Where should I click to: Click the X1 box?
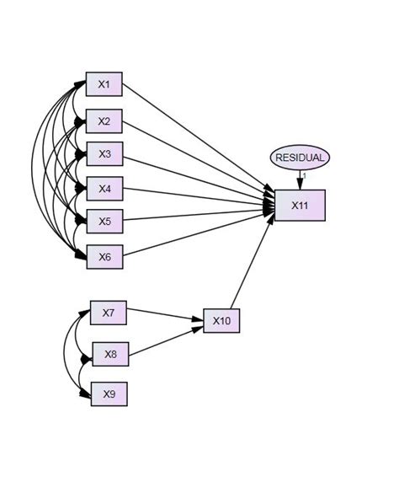(104, 84)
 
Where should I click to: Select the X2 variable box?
(104, 121)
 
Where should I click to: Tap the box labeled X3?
(104, 154)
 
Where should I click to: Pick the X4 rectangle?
(104, 187)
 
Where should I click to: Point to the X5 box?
(104, 221)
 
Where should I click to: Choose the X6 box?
(104, 256)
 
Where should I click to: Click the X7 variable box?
(108, 313)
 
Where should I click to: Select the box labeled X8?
(110, 354)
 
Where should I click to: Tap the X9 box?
(109, 393)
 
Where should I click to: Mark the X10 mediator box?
(221, 321)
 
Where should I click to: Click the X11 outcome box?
(299, 205)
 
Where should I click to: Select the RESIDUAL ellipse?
(300, 158)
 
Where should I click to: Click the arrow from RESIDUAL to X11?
(300, 179)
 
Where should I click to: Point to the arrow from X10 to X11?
(253, 261)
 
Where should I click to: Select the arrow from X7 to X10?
(165, 317)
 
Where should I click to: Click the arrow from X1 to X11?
(198, 142)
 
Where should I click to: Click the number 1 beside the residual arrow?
(305, 175)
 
